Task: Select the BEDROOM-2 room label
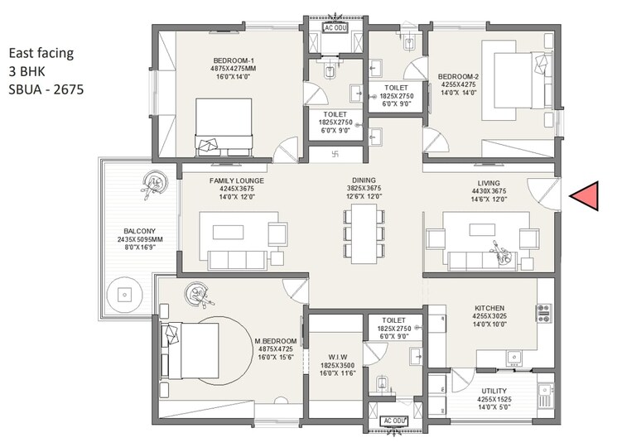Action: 457,78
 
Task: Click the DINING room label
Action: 363,179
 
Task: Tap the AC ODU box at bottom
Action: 394,421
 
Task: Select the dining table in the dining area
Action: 364,233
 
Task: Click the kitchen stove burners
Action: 544,312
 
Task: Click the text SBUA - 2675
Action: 47,88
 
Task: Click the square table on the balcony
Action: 125,293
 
